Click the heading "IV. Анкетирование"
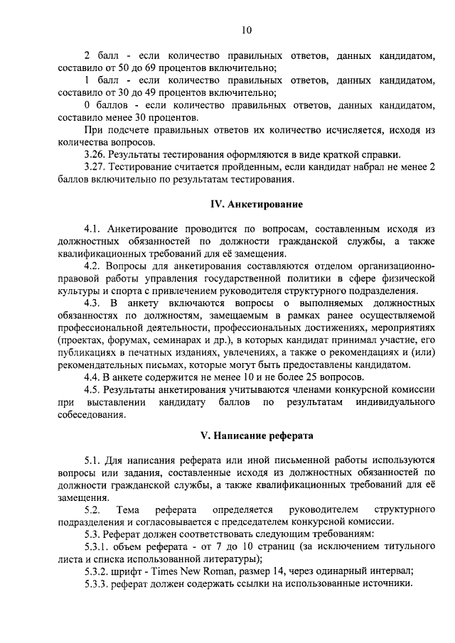coord(257,204)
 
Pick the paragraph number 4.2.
coord(92,266)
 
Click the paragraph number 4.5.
coord(92,390)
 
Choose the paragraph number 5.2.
coord(92,509)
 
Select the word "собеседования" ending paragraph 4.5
coord(92,415)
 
